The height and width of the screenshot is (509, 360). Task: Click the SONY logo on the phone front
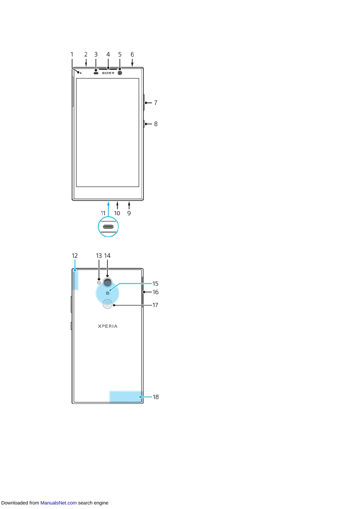coord(108,73)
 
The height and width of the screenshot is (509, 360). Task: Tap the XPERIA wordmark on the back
coord(108,326)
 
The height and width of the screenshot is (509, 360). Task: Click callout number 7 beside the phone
coord(156,103)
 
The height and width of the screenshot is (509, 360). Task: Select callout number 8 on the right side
coord(156,124)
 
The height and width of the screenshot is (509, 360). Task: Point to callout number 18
coord(156,397)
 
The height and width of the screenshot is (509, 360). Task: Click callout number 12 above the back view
coord(75,256)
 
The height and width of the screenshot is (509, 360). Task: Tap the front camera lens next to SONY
coord(120,73)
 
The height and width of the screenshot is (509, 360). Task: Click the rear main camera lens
coord(107,282)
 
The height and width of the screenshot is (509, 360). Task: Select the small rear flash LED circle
coord(99,282)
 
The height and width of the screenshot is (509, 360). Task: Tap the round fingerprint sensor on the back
coord(107,304)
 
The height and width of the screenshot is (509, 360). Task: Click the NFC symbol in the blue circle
coord(107,293)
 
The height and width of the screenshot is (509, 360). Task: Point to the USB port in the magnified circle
coord(108,227)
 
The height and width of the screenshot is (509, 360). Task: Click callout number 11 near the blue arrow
coord(103,213)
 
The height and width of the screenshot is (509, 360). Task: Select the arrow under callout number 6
coord(132,63)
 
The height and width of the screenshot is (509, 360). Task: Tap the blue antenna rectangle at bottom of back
coord(125,397)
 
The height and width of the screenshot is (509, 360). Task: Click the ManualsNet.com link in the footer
coord(58,503)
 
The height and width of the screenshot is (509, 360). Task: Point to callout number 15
coord(155,284)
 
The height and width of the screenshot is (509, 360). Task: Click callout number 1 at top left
coord(72,54)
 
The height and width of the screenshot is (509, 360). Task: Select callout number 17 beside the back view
coord(155,305)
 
